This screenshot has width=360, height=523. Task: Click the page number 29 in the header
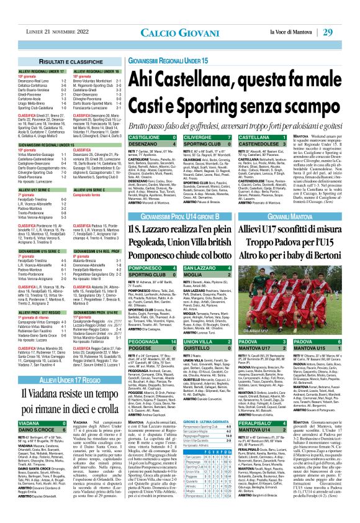coord(344,14)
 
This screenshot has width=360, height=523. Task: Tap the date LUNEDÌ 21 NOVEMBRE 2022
coord(49,14)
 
